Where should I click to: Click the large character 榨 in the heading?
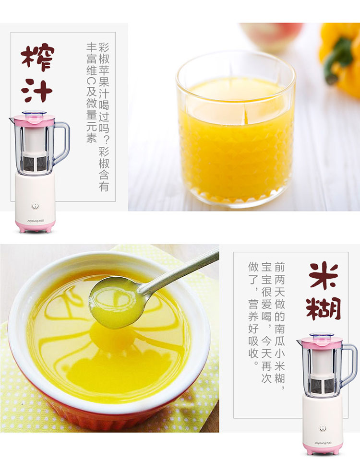click(x=38, y=57)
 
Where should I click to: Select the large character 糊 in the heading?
click(x=324, y=308)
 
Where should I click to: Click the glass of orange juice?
click(x=236, y=129)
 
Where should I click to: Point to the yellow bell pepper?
click(x=340, y=56)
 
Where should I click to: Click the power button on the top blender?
click(x=35, y=206)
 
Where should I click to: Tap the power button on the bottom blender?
click(x=323, y=428)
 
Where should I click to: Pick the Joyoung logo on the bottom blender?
click(x=322, y=443)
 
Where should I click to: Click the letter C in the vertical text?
click(x=91, y=80)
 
